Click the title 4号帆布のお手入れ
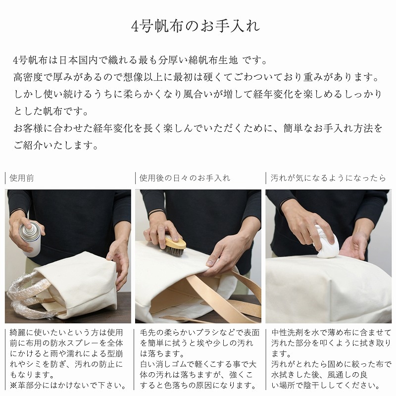[198, 25]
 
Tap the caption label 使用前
[22, 178]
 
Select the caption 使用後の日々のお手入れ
[185, 178]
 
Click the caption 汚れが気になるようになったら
[328, 178]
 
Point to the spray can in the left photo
[29, 237]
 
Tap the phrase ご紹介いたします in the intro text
[55, 146]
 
